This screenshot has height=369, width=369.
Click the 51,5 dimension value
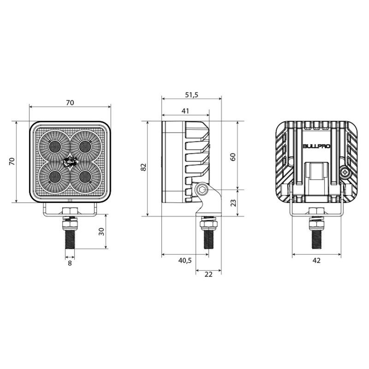[191, 95]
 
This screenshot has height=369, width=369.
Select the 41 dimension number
[185, 111]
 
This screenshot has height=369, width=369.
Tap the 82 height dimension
[143, 168]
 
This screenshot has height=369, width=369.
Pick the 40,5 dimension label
[184, 261]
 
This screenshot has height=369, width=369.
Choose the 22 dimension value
[208, 274]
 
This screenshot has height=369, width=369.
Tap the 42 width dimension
[316, 260]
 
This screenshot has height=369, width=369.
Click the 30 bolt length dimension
[101, 232]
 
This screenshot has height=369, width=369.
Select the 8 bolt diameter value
[70, 263]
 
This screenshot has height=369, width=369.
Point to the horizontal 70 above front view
[70, 102]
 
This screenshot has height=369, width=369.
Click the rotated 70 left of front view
[12, 161]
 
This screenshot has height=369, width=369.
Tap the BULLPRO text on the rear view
[316, 146]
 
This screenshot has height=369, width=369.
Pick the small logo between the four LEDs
[70, 161]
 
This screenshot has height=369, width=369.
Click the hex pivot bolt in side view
[202, 190]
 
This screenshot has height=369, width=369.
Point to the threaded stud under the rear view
[316, 238]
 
